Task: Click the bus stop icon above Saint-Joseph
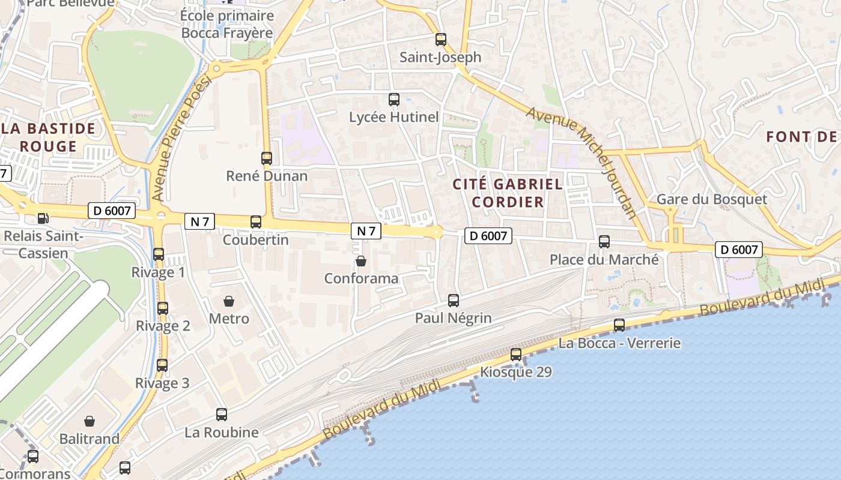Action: click(441, 40)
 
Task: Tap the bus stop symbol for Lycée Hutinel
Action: click(394, 100)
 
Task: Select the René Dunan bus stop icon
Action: click(267, 158)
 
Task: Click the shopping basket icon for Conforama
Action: click(361, 261)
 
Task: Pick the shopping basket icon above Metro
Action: click(229, 301)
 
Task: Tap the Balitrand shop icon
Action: click(90, 421)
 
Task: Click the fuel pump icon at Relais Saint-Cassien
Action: click(43, 218)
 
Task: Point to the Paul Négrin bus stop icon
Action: click(454, 301)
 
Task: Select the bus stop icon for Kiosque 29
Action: click(516, 355)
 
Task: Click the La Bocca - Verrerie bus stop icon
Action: click(619, 325)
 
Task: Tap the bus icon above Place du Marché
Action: click(604, 242)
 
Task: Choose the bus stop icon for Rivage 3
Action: click(162, 365)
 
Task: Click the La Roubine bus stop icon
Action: click(222, 415)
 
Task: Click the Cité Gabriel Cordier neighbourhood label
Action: click(508, 193)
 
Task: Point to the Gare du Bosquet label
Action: click(711, 199)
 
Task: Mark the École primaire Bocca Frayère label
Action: click(227, 24)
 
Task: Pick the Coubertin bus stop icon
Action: click(256, 222)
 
